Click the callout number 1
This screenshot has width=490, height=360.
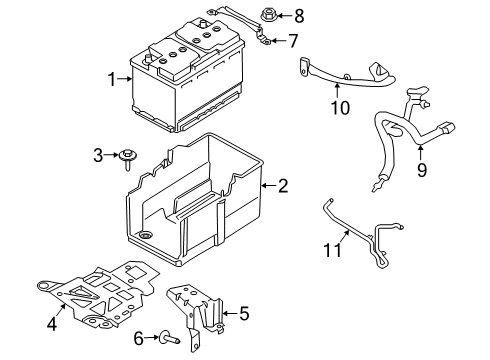112,78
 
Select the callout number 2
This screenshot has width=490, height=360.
283,185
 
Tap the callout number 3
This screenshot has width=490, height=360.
98,154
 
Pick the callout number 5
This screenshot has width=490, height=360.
243,313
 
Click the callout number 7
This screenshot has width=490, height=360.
293,41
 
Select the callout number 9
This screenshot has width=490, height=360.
422,170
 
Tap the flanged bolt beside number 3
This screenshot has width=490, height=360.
130,155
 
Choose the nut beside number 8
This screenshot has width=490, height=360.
267,15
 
